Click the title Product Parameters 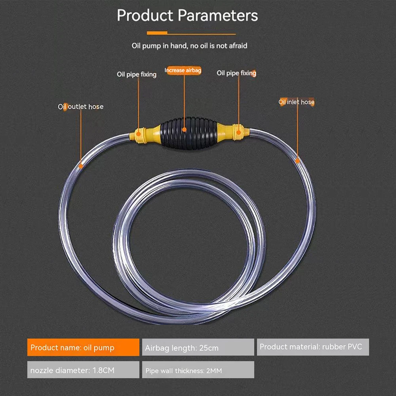187,16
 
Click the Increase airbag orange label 183,70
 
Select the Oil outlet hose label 81,107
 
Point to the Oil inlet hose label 296,102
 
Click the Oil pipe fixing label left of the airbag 137,74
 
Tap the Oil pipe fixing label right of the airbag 236,73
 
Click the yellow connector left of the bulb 145,134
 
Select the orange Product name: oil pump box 83,347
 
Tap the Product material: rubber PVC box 313,347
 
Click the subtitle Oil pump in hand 189,46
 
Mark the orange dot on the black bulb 184,129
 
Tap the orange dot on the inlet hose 297,160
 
